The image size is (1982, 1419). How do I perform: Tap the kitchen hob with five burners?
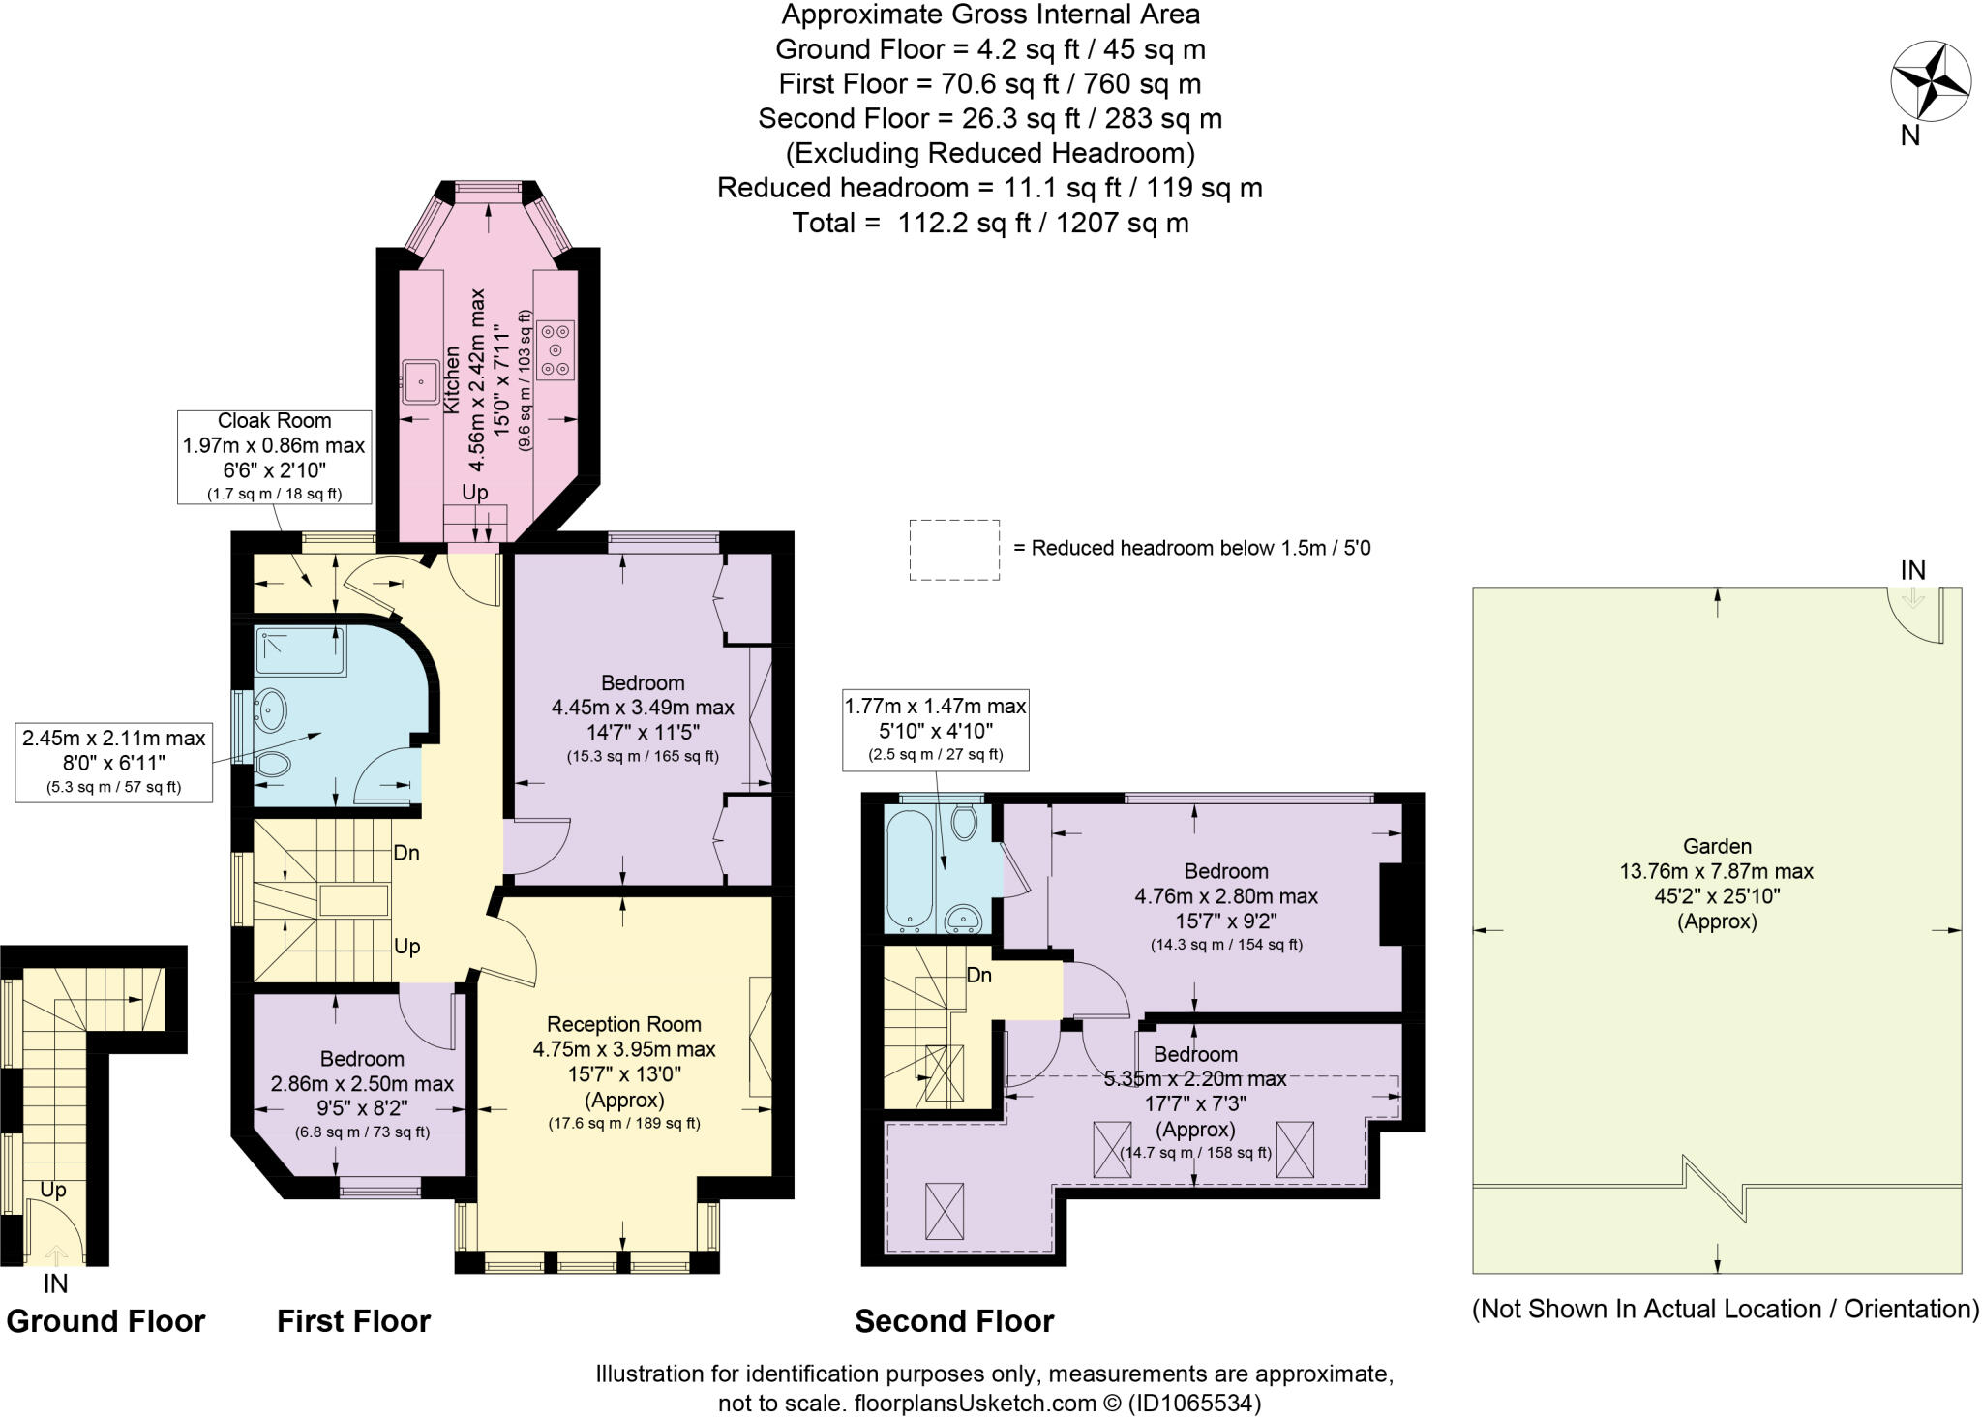point(556,349)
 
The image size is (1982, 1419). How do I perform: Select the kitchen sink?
point(421,382)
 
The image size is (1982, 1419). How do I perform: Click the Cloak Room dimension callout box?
point(274,457)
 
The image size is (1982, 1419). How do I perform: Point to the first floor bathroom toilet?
point(274,764)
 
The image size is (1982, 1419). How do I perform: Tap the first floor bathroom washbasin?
point(270,709)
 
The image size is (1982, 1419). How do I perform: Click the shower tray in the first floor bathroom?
point(301,650)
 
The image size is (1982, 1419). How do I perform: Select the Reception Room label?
point(624,1024)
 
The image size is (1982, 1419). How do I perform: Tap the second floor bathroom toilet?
point(964,823)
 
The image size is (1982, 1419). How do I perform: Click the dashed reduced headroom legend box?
point(954,550)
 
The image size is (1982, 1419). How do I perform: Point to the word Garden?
point(1717,846)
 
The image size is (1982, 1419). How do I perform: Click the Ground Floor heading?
point(105,1321)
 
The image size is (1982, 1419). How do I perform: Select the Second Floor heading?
point(954,1321)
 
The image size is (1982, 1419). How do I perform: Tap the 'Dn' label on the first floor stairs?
point(406,854)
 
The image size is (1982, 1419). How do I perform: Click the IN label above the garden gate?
point(1913,571)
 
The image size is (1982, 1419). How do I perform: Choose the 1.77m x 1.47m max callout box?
point(936,730)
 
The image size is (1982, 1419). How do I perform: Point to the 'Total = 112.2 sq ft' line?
point(991,223)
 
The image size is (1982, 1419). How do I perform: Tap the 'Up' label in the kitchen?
point(474,492)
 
